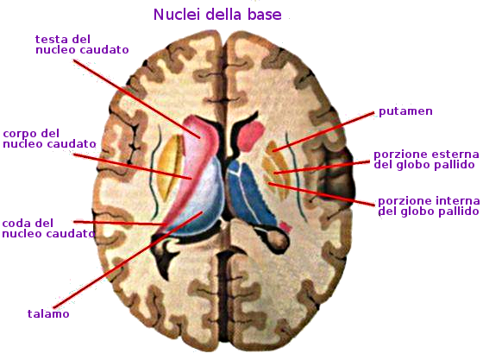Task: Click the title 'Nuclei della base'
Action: (x=217, y=15)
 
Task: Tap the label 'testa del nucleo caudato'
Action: (x=82, y=45)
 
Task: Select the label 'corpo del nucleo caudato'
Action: (x=49, y=139)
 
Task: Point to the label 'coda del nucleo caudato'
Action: (x=48, y=229)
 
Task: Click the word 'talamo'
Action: (x=48, y=313)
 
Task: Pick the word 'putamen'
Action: (x=405, y=111)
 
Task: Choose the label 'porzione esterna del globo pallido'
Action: (x=426, y=160)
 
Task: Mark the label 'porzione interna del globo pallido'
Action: (x=429, y=206)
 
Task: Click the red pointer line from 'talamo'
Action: (x=128, y=260)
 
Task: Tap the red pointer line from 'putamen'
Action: (x=323, y=132)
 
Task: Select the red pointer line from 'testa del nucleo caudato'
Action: (x=137, y=99)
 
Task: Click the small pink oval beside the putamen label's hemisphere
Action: (x=251, y=135)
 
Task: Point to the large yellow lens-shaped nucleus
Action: (x=169, y=168)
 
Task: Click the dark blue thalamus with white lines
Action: (x=250, y=193)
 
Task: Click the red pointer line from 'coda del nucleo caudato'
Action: (x=120, y=223)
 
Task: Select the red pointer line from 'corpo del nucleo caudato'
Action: (x=133, y=166)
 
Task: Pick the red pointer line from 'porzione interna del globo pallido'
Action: (x=322, y=194)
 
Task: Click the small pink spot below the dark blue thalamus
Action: (x=285, y=227)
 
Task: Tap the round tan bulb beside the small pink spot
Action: (x=279, y=239)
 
